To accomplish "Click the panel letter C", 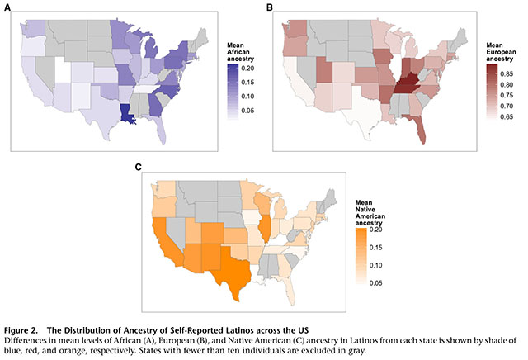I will pyautogui.click(x=139, y=168).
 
